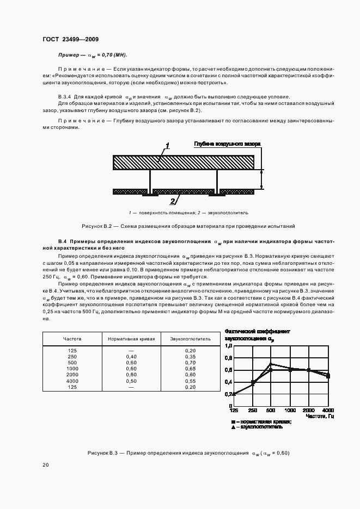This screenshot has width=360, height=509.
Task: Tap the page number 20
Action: click(x=45, y=464)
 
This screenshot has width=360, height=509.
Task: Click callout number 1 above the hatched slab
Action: click(x=168, y=145)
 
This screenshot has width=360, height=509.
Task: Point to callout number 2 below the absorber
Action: click(x=173, y=201)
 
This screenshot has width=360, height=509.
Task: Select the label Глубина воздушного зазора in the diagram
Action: click(x=227, y=144)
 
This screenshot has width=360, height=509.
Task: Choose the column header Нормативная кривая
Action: click(x=131, y=338)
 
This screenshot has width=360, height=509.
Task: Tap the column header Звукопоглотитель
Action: click(x=190, y=338)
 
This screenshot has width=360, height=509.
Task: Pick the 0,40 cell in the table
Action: click(x=131, y=356)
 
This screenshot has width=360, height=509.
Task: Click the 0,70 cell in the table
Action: click(x=190, y=362)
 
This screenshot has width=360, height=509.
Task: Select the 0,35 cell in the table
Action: click(x=190, y=356)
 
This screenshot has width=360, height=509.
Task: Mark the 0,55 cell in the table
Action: click(x=190, y=381)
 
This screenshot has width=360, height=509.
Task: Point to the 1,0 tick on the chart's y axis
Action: click(x=228, y=346)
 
